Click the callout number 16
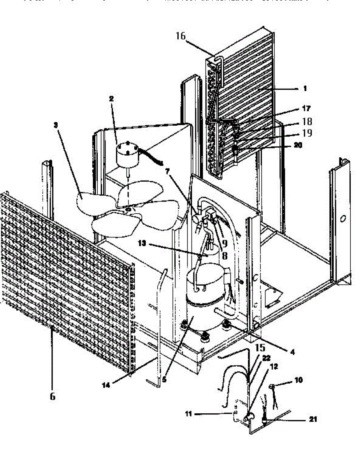point(180,37)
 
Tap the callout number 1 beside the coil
point(305,89)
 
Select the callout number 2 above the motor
point(111,99)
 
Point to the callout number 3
point(56,125)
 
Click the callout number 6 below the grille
point(53,396)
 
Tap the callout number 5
point(164,379)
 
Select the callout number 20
point(298,145)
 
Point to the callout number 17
point(306,108)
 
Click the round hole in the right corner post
point(342,219)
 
